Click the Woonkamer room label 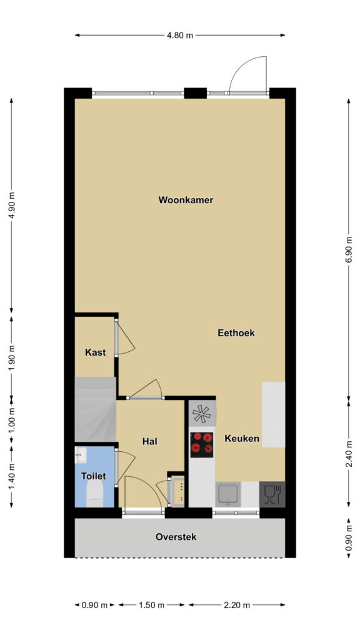pos(186,200)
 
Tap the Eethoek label pos(236,332)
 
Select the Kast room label pos(95,352)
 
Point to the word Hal pos(150,441)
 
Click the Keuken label pos(242,439)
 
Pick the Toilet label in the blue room pos(94,476)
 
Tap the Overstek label pos(176,537)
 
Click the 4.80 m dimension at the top pos(179,35)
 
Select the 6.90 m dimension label pos(349,250)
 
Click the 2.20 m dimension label pos(236,605)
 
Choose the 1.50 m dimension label pos(151,605)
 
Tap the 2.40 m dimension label pos(349,454)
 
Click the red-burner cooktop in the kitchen pos(202,444)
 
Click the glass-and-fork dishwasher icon pos(272,494)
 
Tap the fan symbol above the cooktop pos(202,414)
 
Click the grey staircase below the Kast pos(95,409)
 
